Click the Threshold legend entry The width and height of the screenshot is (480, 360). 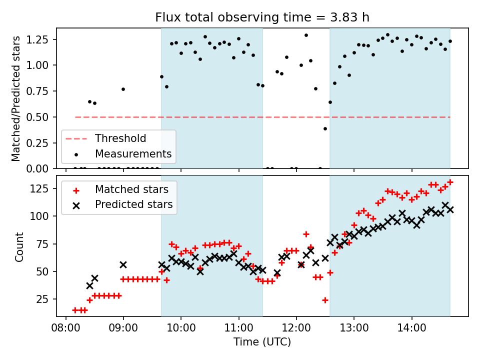tap(120, 138)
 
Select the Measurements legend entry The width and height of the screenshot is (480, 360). tap(133, 153)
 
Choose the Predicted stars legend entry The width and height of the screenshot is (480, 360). tap(133, 204)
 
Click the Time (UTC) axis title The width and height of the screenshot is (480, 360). tap(262, 342)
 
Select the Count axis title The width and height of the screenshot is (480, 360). tap(19, 246)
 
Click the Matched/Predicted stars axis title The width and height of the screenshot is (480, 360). tap(16, 98)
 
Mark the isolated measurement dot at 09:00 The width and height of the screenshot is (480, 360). tap(123, 89)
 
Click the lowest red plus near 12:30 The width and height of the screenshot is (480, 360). tap(325, 300)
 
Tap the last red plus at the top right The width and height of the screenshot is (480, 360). tap(450, 182)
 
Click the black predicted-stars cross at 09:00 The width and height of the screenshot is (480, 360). tap(123, 264)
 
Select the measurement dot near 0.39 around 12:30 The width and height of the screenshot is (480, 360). tap(325, 128)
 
